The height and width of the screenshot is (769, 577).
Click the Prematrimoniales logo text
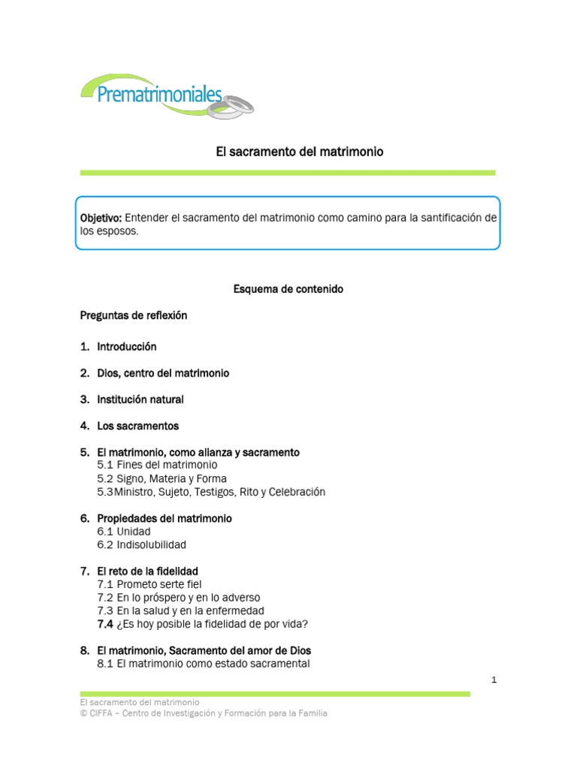click(160, 94)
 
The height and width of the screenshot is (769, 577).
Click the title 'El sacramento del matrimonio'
click(300, 152)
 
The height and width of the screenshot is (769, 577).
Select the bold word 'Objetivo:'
click(101, 218)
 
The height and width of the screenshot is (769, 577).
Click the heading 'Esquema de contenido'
click(288, 289)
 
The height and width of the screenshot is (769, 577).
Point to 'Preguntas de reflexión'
click(134, 315)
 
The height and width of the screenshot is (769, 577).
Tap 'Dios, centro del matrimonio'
click(163, 373)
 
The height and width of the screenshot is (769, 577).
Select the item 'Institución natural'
click(140, 400)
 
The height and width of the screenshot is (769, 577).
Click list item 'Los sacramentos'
click(137, 426)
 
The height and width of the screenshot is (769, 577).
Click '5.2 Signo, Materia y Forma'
click(162, 478)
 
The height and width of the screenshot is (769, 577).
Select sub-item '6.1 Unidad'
click(124, 532)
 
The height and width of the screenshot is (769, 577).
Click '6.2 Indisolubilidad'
click(141, 544)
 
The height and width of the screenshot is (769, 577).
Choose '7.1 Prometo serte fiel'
click(150, 584)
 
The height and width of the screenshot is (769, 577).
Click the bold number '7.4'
click(105, 624)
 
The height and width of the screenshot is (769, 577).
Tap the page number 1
click(494, 680)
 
